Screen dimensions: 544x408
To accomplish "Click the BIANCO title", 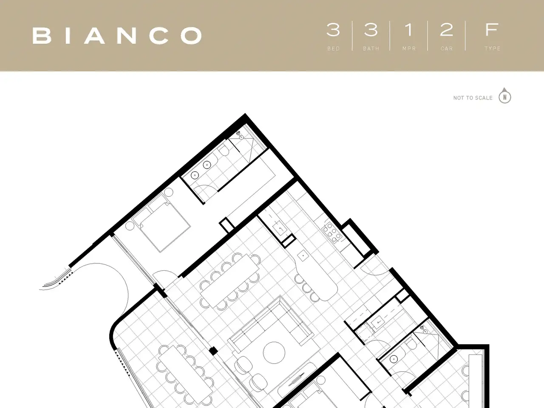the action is tap(117, 35).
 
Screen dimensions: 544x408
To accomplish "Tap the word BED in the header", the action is tap(333, 48).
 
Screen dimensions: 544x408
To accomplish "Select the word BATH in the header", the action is tap(371, 48).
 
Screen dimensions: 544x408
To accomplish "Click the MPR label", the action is tap(409, 48).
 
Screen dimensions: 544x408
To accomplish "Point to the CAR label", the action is tap(447, 48).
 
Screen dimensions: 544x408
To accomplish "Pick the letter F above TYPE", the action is tap(492, 30).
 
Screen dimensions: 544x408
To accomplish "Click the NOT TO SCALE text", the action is tap(473, 98).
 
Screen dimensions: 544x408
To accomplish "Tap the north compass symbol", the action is tap(505, 96).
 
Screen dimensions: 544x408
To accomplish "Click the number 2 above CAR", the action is tap(446, 30).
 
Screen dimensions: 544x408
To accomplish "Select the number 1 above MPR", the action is tap(409, 30).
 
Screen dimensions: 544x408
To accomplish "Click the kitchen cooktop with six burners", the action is tap(332, 232).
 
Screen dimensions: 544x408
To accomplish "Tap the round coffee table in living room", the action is tap(274, 353).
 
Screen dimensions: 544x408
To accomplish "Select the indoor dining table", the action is tap(230, 281).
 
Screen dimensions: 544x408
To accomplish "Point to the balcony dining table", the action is tap(185, 374).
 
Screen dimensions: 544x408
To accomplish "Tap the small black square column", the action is tap(213, 351).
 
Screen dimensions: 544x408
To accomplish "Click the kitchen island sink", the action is tap(303, 256).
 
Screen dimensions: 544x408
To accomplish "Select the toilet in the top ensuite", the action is tap(224, 150).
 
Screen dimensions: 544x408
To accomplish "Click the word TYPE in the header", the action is tap(493, 48).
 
